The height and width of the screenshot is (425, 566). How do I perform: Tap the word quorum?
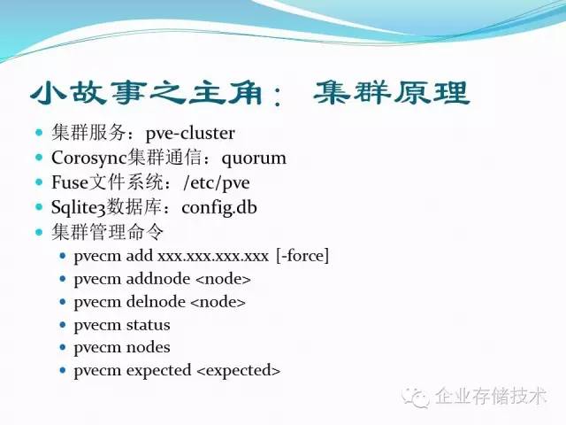[254, 158]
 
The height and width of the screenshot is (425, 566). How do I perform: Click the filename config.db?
[226, 208]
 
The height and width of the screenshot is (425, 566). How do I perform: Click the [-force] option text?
[302, 257]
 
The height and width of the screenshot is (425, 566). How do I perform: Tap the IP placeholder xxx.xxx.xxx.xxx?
[212, 257]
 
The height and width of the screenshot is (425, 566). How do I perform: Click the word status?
[148, 325]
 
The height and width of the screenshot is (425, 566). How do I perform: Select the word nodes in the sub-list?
[148, 347]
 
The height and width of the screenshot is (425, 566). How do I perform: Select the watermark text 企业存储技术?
[490, 396]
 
